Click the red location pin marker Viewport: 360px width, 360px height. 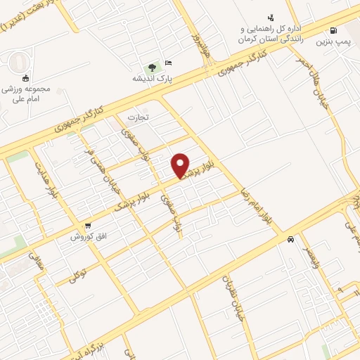181,165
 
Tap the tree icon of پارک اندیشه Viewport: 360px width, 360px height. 152,68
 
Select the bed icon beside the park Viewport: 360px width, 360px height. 167,63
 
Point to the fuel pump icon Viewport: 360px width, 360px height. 333,31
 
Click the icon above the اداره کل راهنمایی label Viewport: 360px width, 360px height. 271,18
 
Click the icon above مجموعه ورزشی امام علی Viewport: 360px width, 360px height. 26,78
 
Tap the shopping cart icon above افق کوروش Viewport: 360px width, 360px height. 87,226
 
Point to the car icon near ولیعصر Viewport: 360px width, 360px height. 290,239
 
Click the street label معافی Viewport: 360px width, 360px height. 35,263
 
